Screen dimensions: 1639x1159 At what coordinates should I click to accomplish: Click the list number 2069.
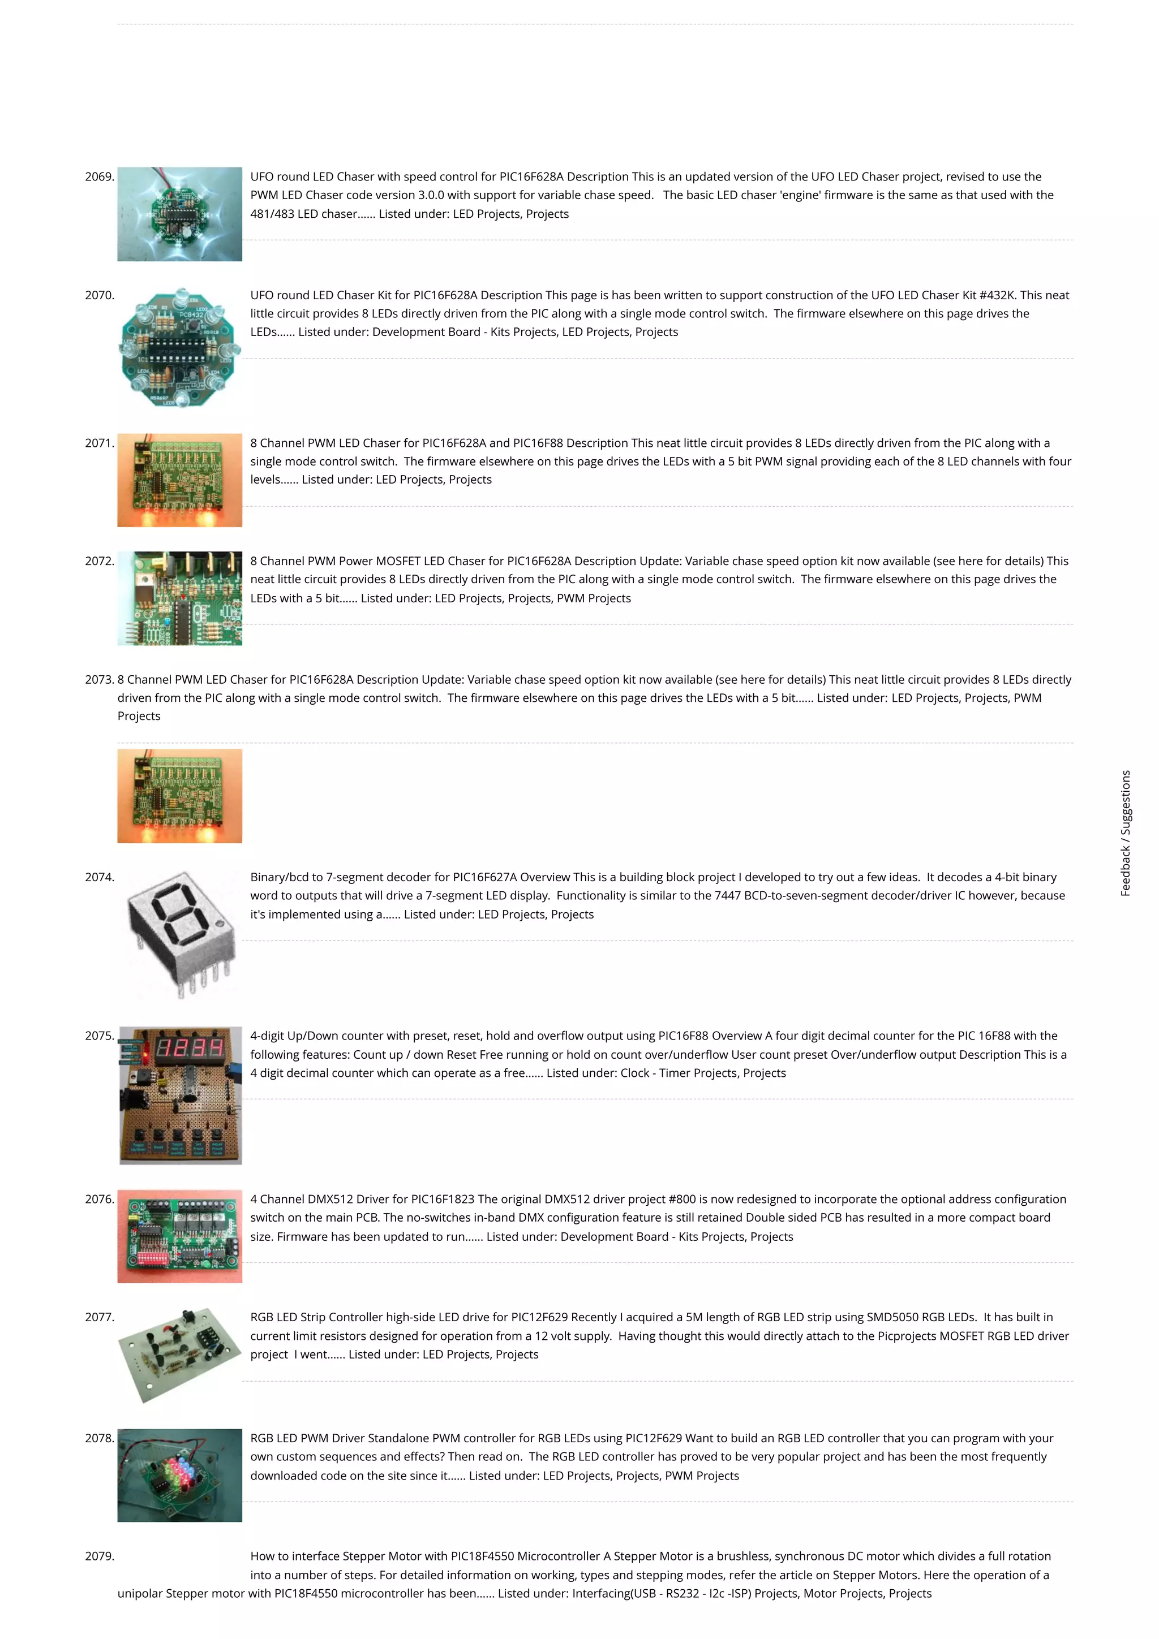click(x=99, y=177)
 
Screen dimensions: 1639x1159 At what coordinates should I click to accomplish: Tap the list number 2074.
click(x=99, y=877)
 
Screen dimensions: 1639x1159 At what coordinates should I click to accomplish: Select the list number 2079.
click(x=99, y=1556)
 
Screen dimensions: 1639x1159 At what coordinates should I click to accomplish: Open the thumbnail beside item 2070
click(x=180, y=348)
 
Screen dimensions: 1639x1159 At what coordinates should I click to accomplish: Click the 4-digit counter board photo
click(x=180, y=1095)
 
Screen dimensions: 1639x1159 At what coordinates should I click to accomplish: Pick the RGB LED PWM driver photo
click(x=180, y=1475)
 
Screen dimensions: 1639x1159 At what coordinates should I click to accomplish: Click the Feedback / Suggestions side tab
click(x=1126, y=833)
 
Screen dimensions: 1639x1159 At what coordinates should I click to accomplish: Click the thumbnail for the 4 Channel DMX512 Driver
click(x=180, y=1236)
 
